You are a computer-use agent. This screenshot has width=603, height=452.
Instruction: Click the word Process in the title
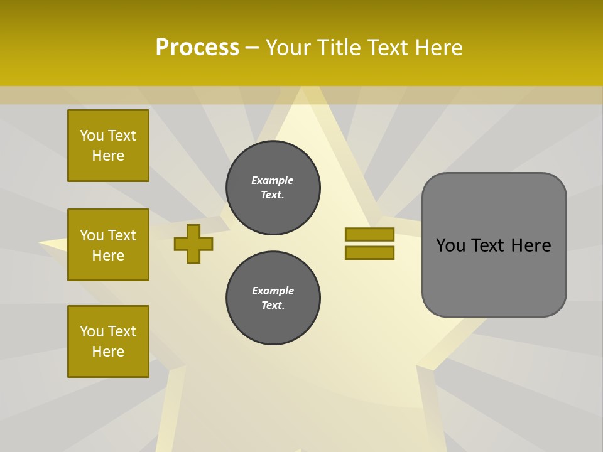click(197, 48)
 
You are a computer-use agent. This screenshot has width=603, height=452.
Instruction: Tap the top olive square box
click(108, 146)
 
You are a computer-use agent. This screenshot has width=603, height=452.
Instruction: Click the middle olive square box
click(108, 245)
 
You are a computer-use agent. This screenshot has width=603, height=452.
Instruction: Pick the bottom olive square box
click(108, 342)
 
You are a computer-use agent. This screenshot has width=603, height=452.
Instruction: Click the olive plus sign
click(193, 244)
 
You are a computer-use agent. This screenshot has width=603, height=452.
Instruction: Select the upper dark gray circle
click(273, 188)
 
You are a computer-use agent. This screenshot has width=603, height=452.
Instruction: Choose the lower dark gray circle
click(273, 298)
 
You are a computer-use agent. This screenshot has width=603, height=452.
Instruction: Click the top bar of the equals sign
click(369, 234)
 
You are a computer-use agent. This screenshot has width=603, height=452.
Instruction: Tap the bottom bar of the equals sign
click(369, 252)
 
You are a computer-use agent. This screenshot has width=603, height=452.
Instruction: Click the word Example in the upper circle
click(272, 180)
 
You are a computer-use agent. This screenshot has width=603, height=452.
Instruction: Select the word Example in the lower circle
click(273, 291)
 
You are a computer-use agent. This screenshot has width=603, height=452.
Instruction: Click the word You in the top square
click(92, 136)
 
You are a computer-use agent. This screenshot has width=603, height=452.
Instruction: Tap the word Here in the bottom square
click(108, 352)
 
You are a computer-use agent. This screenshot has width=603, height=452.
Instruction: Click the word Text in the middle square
click(121, 235)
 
